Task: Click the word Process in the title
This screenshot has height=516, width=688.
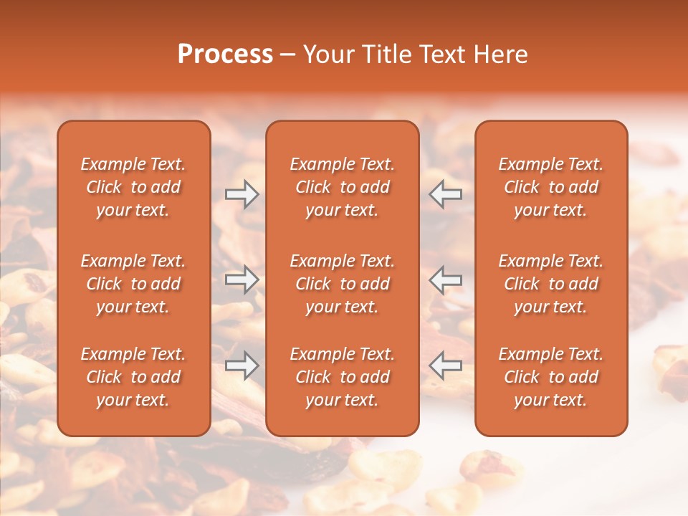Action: [x=225, y=54]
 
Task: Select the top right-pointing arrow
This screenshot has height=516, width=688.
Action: [x=242, y=194]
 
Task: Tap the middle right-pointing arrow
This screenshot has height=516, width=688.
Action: [x=242, y=279]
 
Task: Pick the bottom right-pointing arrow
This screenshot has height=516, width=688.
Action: [x=242, y=365]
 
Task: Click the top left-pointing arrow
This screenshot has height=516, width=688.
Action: [x=446, y=194]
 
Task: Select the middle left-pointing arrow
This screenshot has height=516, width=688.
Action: [x=446, y=279]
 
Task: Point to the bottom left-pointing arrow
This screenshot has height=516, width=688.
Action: [x=446, y=365]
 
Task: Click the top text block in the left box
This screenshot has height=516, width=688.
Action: [x=133, y=187]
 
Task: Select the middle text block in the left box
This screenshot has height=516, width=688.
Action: [x=133, y=284]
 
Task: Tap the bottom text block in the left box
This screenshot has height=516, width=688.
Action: [x=133, y=377]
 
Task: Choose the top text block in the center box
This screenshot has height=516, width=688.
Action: [x=342, y=187]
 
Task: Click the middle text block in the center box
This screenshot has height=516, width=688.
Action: [x=342, y=284]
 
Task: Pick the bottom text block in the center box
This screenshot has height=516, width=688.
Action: [x=342, y=377]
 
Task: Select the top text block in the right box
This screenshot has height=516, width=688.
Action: [x=551, y=187]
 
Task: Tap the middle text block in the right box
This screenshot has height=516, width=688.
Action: [x=551, y=284]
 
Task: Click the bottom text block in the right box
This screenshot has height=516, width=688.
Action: [x=551, y=377]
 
